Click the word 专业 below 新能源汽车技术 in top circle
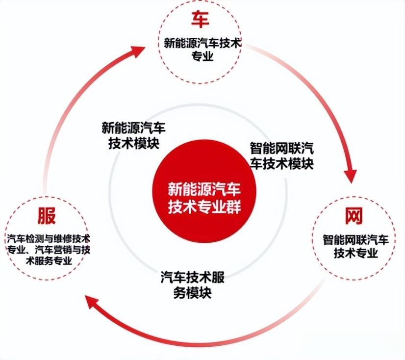point(202,56)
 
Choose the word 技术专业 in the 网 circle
point(356,253)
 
